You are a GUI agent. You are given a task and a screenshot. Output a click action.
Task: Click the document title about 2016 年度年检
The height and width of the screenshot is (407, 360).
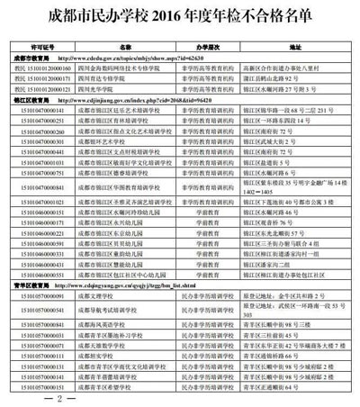pyautogui.click(x=180, y=15)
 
